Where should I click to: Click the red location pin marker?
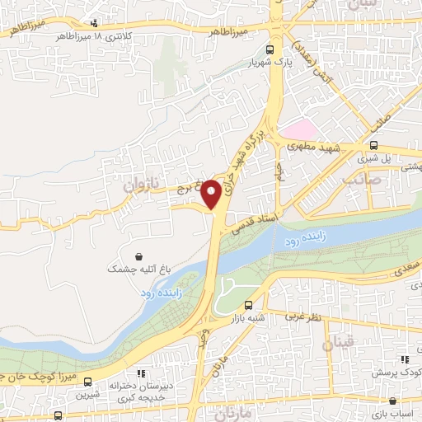pyautogui.click(x=211, y=193)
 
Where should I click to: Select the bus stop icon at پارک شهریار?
pyautogui.click(x=282, y=49)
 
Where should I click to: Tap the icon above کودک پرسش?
pyautogui.click(x=404, y=359)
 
